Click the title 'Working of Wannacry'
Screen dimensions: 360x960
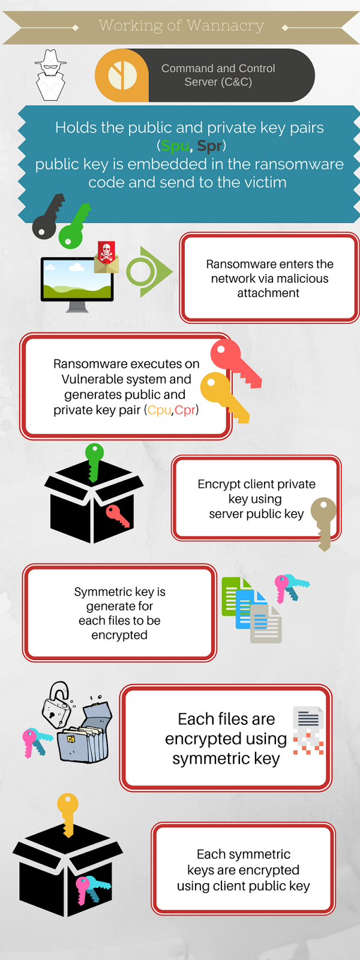(181, 26)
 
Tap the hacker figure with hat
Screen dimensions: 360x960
(50, 75)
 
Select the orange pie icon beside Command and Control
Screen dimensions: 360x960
(122, 76)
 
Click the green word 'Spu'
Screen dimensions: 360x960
(175, 146)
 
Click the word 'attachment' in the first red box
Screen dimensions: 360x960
(268, 293)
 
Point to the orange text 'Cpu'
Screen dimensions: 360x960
(160, 410)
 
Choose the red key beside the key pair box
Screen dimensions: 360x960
(235, 362)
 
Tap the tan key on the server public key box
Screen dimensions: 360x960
(324, 522)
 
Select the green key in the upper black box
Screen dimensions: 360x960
(94, 461)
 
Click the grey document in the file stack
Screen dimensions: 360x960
(266, 624)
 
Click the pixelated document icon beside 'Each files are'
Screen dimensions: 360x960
(308, 730)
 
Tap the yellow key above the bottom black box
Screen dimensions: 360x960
(68, 814)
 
